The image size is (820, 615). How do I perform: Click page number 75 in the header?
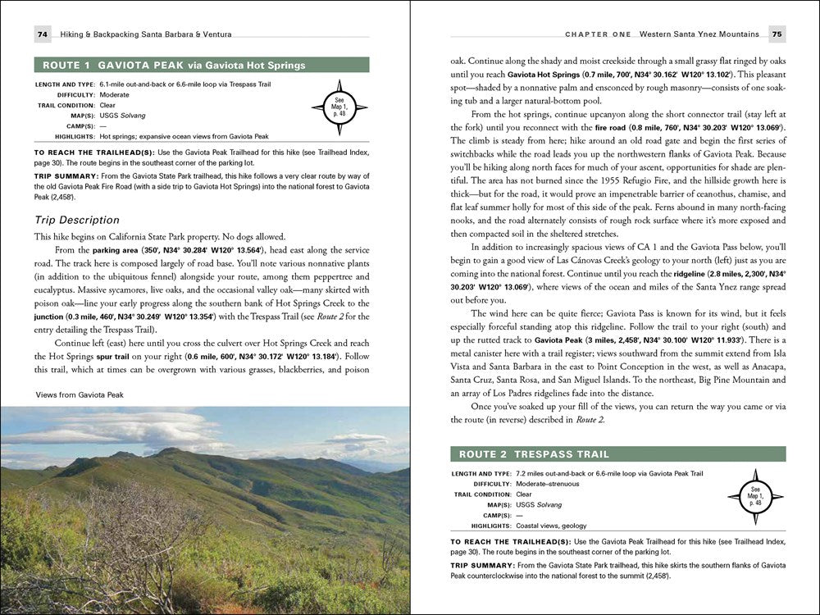click(776, 34)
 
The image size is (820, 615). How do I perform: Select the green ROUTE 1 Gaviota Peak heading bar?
click(202, 65)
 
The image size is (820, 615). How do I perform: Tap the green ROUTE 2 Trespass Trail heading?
click(618, 453)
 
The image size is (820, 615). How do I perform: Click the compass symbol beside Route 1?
click(339, 107)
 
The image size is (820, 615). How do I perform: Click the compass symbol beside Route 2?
click(756, 495)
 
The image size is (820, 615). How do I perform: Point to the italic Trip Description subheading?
click(76, 220)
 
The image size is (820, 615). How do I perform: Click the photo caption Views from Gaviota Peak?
click(80, 394)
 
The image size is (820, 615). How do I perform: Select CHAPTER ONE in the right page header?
click(599, 34)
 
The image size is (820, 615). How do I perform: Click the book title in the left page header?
click(146, 34)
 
